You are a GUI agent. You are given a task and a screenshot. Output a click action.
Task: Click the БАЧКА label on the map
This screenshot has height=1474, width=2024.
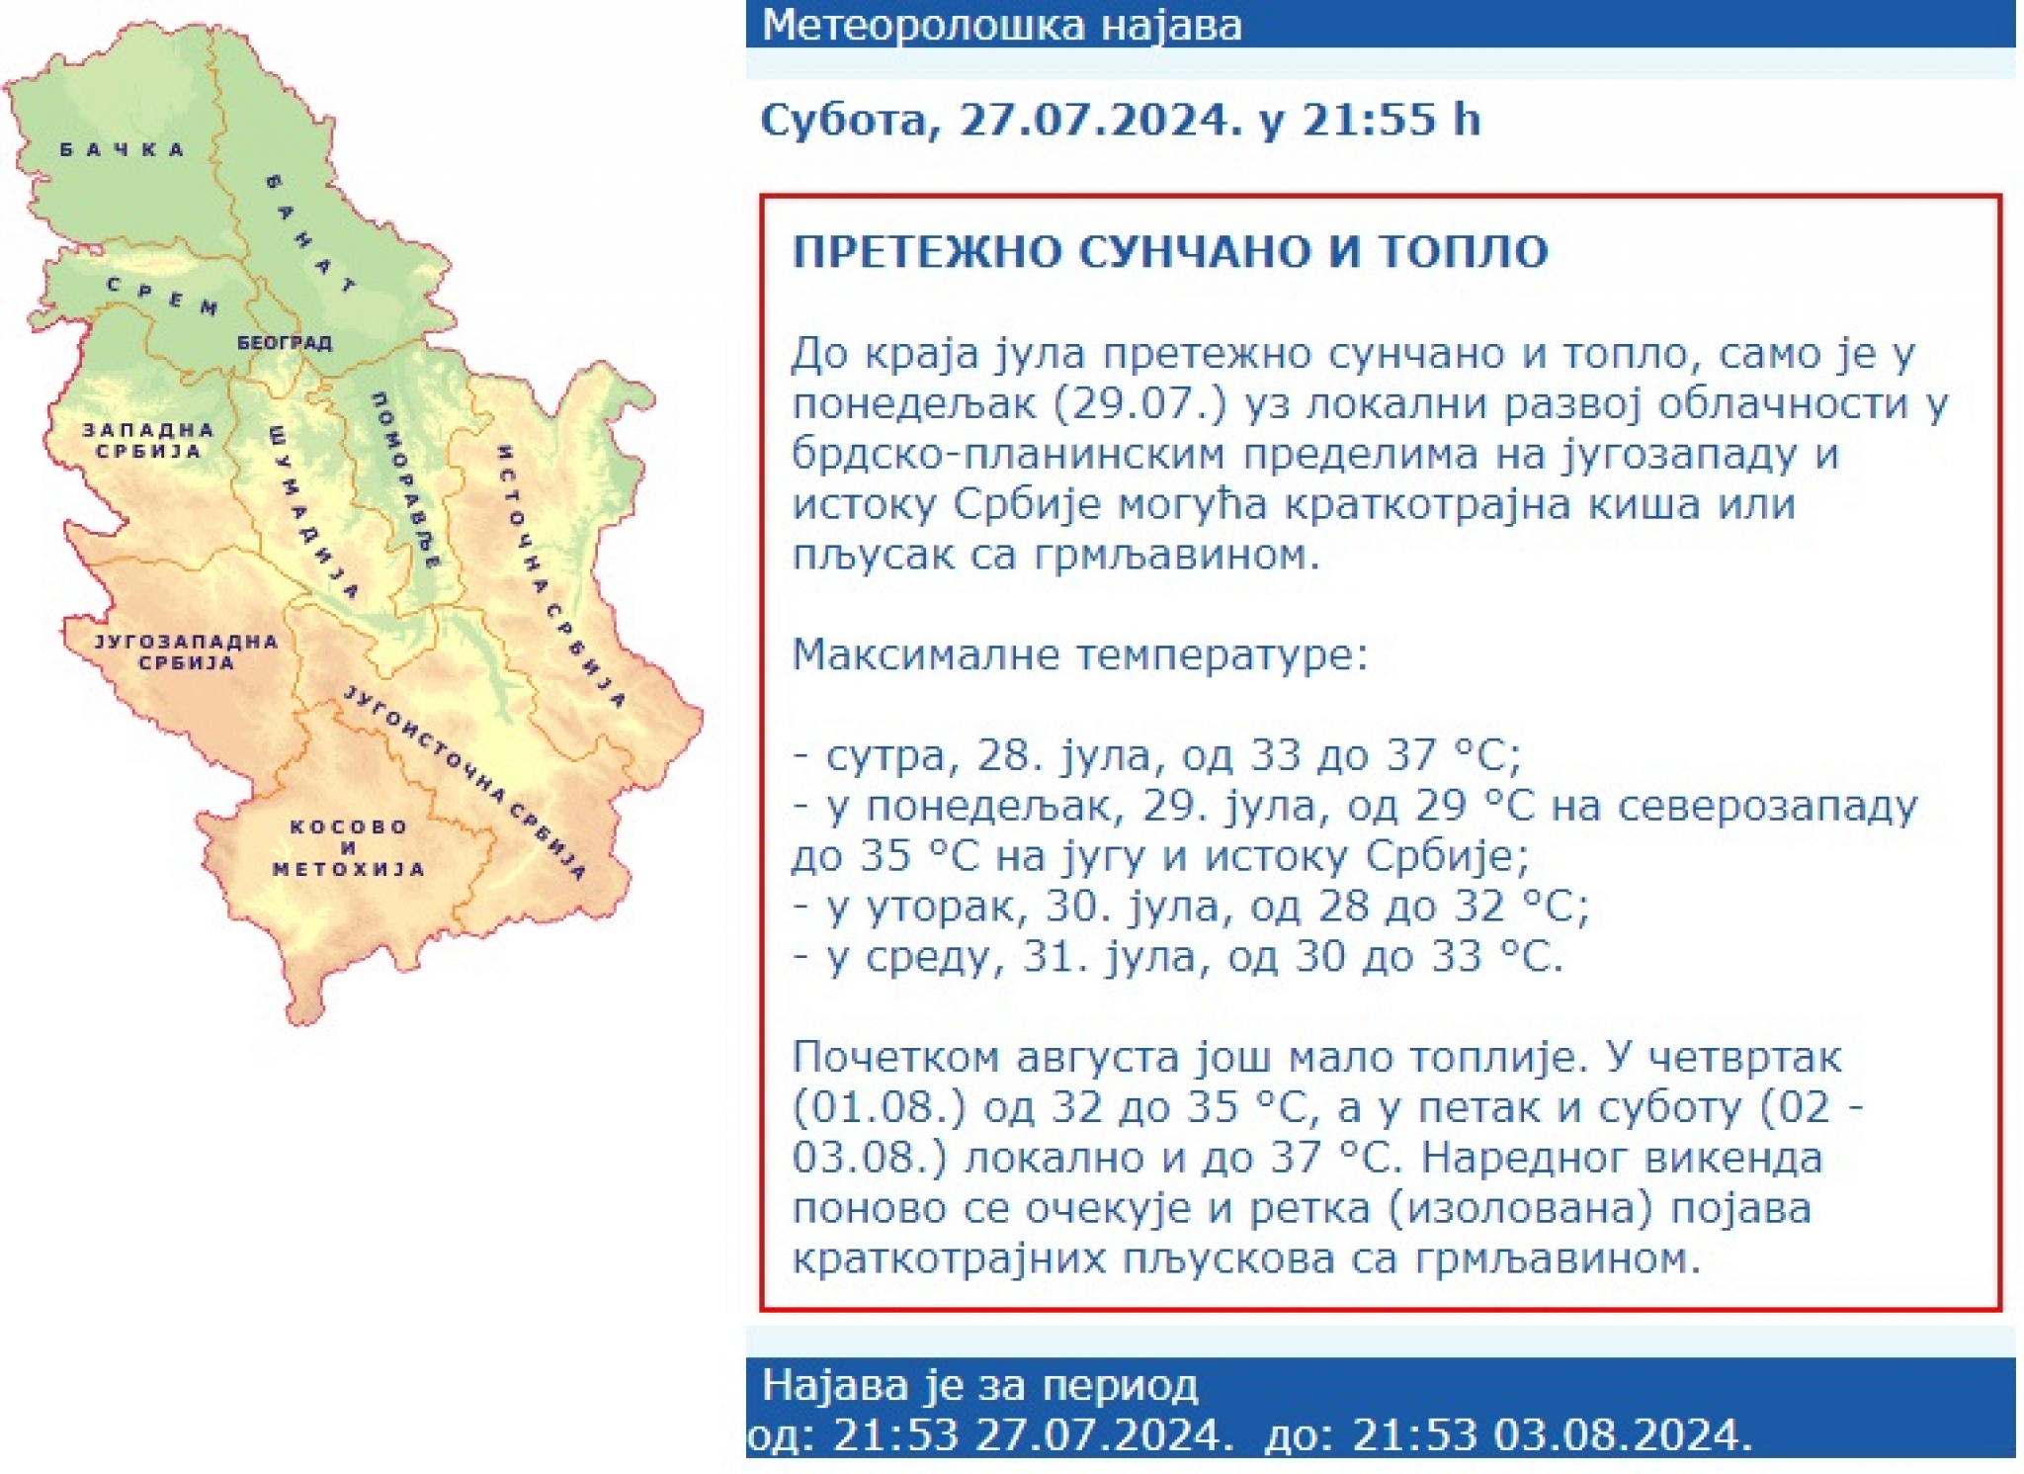tap(123, 150)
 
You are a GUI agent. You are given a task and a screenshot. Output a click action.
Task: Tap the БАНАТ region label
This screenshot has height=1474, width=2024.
tap(309, 234)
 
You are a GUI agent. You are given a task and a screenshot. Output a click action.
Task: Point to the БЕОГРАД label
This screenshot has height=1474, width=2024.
tap(285, 343)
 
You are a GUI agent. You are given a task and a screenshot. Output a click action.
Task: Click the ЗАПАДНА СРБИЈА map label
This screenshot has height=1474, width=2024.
tap(148, 441)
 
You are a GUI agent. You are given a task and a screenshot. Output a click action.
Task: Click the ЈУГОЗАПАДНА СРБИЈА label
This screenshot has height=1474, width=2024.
tap(186, 652)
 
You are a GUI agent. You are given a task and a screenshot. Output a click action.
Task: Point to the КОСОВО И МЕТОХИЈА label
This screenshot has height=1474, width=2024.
tap(348, 848)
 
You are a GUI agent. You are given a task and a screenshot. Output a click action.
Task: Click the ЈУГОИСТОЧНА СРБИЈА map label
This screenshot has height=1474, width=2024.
tap(465, 782)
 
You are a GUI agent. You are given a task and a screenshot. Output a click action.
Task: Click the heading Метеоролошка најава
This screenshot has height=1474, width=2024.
tap(1002, 25)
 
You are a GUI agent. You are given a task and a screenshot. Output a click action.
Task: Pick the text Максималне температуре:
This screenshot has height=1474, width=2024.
tap(1080, 654)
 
